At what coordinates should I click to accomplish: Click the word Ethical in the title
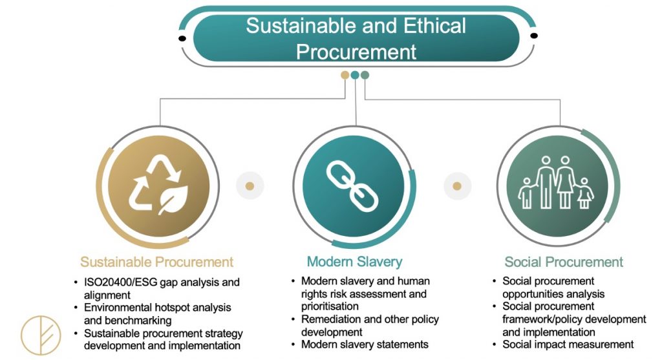(x=434, y=26)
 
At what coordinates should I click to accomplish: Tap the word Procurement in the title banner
(x=356, y=52)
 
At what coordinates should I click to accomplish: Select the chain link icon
(x=352, y=186)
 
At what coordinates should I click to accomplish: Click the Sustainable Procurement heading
(x=156, y=262)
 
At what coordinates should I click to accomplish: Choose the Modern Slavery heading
(x=355, y=262)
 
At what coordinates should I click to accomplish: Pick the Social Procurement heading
(x=564, y=262)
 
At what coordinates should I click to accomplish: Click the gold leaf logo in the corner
(x=41, y=335)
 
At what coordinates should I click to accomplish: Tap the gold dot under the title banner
(x=345, y=75)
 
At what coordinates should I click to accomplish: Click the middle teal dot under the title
(x=355, y=75)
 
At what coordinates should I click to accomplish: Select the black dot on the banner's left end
(x=182, y=38)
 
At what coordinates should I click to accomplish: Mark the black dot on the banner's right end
(x=534, y=36)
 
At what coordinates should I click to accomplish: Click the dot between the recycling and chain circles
(x=250, y=186)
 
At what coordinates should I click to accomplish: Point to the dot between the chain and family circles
(x=457, y=186)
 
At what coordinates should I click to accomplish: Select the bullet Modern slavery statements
(x=365, y=344)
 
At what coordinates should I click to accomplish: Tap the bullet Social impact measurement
(x=568, y=344)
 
